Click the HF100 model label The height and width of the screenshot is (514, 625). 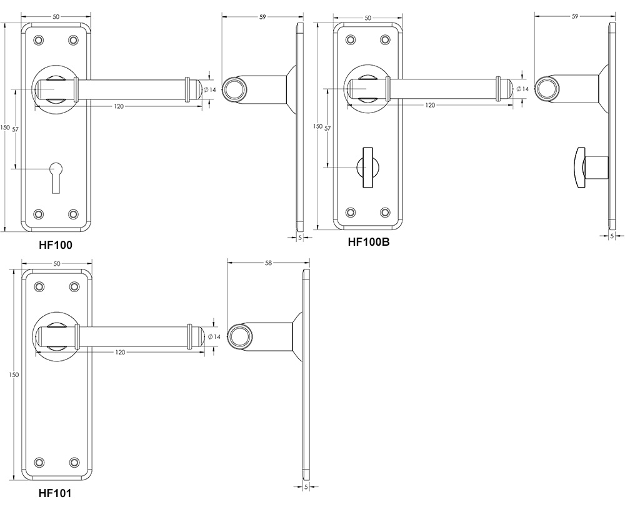tap(56, 245)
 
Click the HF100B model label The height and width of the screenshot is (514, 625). tap(368, 242)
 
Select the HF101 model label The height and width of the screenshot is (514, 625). tap(55, 493)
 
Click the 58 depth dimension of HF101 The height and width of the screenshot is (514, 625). tap(268, 263)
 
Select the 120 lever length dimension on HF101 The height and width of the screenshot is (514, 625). tap(120, 353)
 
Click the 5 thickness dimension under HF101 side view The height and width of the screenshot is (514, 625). tap(306, 486)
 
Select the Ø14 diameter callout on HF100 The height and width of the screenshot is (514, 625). tap(212, 90)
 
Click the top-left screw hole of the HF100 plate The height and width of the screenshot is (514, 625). tap(39, 40)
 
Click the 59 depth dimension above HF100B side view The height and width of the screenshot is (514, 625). tap(574, 17)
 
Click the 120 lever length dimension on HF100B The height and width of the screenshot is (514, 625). tap(430, 106)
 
